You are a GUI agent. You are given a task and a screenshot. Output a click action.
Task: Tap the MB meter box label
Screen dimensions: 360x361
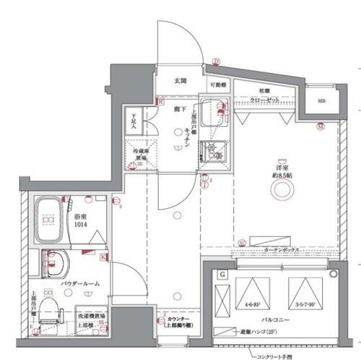(319, 100)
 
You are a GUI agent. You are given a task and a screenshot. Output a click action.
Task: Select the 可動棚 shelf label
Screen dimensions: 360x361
(218, 85)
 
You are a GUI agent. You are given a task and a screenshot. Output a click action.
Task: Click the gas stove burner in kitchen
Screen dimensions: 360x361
(213, 153)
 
